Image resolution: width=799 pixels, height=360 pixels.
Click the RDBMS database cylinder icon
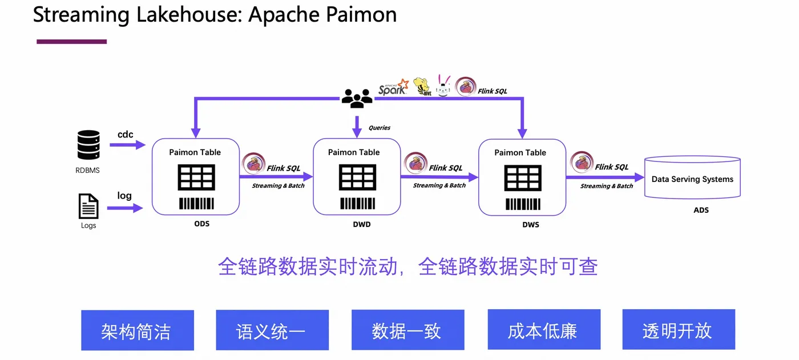[x=88, y=145]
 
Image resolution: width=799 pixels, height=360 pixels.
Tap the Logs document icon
[x=88, y=207]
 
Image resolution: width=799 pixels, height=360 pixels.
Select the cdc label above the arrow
[x=126, y=135]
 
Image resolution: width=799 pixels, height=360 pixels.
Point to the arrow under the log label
[x=126, y=208]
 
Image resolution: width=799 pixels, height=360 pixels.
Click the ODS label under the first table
[x=201, y=224]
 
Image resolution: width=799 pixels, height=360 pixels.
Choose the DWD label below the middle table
[x=361, y=224]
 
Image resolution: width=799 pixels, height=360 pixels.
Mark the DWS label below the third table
[x=530, y=225]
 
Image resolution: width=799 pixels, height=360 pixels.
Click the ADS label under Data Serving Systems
[x=701, y=210]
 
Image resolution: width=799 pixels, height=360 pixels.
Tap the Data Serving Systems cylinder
[x=692, y=177]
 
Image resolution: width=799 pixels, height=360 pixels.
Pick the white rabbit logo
[x=444, y=86]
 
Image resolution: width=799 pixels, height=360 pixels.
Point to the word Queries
[x=380, y=128]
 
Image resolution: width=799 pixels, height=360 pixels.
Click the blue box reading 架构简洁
[x=137, y=330]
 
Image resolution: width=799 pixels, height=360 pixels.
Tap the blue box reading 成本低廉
[x=543, y=330]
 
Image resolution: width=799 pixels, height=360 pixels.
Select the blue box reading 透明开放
[x=678, y=330]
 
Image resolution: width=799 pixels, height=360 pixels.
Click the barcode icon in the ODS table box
[x=196, y=203]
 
